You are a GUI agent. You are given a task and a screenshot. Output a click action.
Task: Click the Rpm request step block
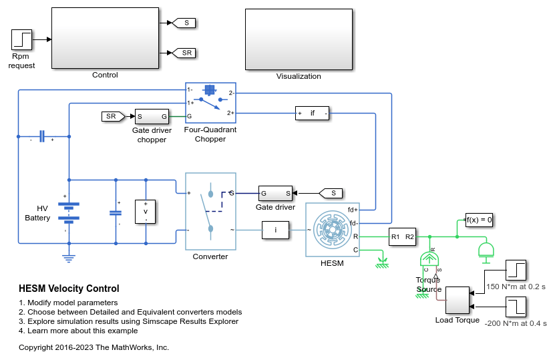(22, 39)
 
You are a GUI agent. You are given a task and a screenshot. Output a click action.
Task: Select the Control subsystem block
(105, 38)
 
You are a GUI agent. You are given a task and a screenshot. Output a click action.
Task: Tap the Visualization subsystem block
(299, 39)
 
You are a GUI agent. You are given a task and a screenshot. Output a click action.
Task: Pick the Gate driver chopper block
(152, 116)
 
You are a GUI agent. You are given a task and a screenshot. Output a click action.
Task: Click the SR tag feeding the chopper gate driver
(112, 116)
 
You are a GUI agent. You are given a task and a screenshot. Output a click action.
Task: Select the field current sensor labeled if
(313, 113)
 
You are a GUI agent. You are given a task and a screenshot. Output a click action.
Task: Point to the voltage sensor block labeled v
(146, 210)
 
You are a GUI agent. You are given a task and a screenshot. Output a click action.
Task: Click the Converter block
(210, 211)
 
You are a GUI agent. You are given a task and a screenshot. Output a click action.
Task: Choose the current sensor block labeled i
(275, 230)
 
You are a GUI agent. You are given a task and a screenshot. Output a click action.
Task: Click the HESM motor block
(332, 230)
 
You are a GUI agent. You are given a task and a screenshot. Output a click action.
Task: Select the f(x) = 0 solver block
(480, 220)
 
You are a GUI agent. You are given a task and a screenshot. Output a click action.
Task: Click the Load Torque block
(457, 300)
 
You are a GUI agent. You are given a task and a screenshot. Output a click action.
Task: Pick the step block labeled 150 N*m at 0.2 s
(516, 270)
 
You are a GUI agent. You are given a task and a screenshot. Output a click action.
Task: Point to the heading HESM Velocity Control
(69, 289)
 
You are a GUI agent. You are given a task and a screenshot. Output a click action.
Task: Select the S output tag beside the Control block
(185, 23)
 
